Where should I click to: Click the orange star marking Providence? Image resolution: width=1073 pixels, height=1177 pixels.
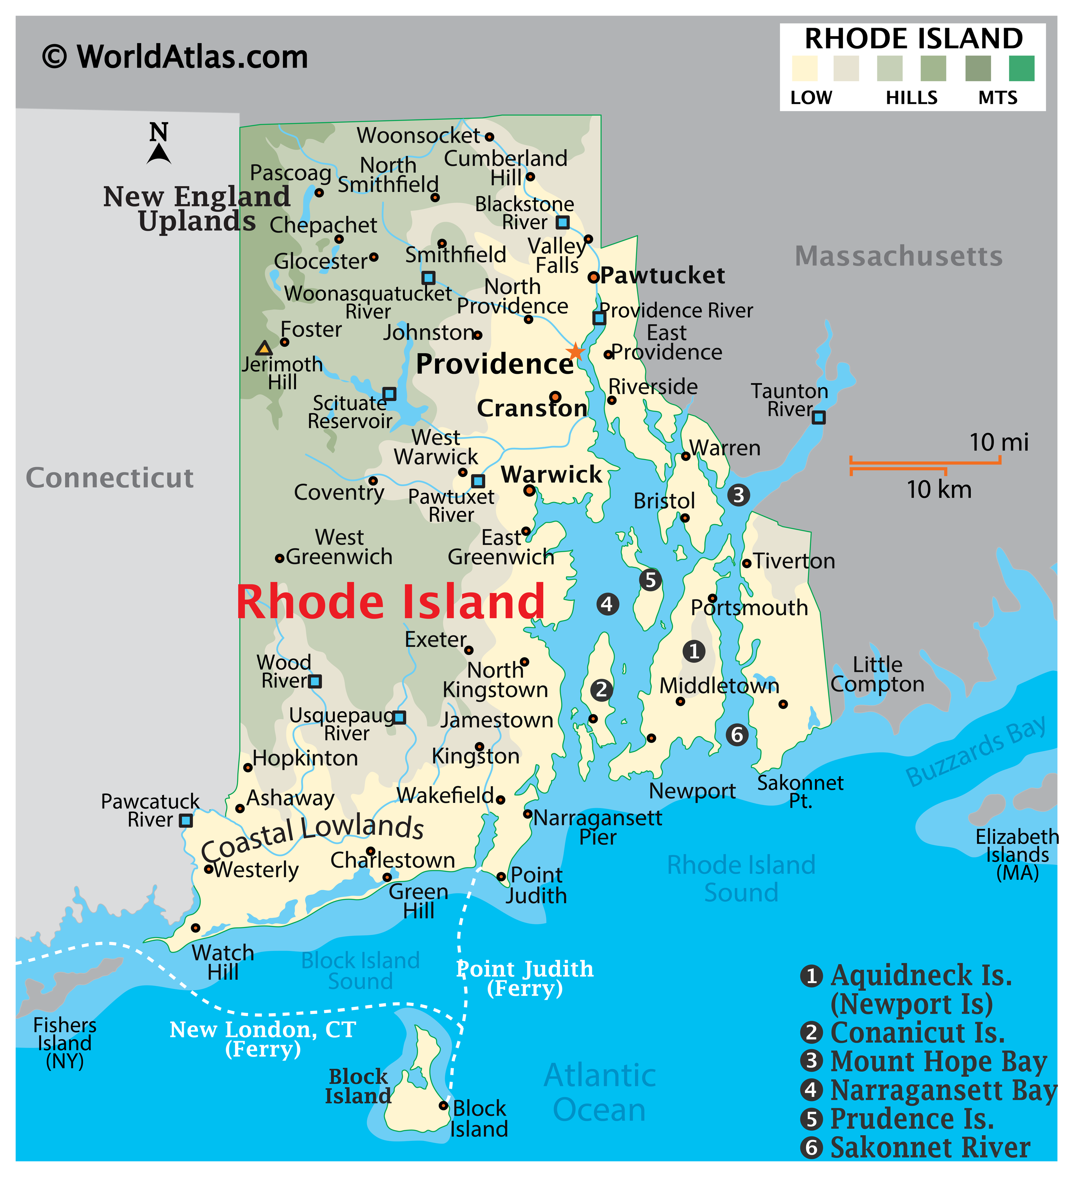pos(575,351)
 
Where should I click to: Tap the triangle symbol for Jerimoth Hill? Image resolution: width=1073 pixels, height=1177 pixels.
pos(264,349)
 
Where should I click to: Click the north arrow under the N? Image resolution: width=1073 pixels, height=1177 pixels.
pos(159,154)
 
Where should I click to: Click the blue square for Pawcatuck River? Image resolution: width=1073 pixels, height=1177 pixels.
pos(185,820)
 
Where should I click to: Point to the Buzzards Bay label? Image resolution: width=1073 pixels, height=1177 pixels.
pos(975,751)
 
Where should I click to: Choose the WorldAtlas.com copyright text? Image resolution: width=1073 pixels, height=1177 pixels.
pos(175,57)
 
